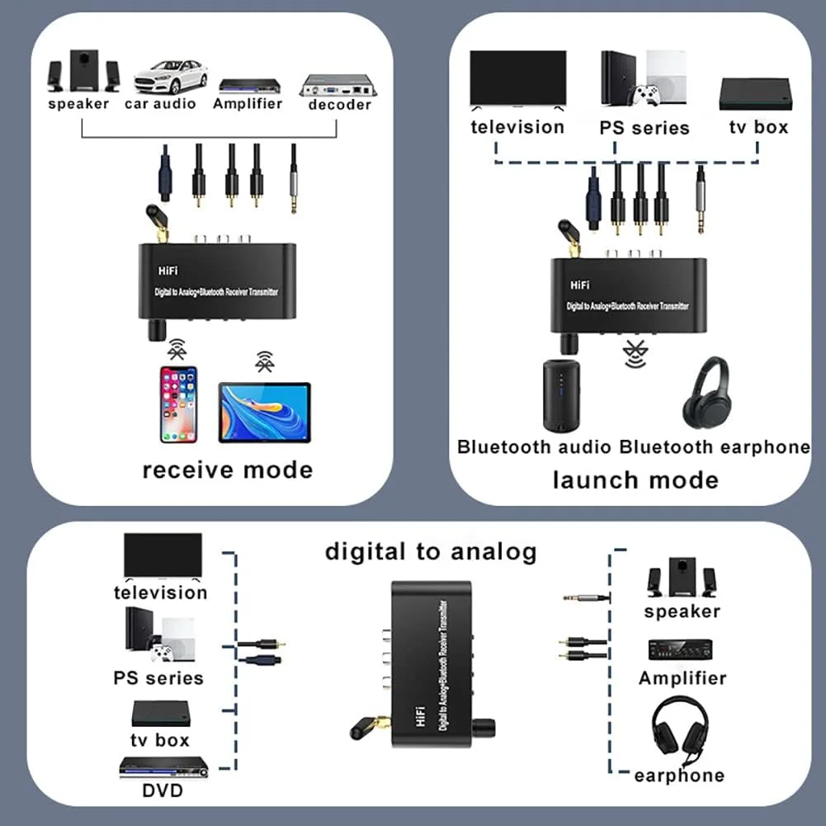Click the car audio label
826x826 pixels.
[x=160, y=104]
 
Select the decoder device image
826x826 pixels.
[x=337, y=84]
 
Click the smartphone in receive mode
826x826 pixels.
[x=178, y=404]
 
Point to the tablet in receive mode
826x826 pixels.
[x=264, y=412]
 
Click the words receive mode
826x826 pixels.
[x=227, y=470]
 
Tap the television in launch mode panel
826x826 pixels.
[x=517, y=80]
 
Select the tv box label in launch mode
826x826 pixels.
[x=758, y=127]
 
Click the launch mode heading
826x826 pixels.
[x=635, y=479]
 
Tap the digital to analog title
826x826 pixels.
[x=430, y=551]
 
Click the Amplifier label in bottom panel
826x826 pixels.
[x=682, y=678]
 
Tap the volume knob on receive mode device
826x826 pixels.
[x=156, y=331]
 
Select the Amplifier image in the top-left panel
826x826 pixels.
[x=248, y=85]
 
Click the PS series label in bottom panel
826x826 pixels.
[x=158, y=678]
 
